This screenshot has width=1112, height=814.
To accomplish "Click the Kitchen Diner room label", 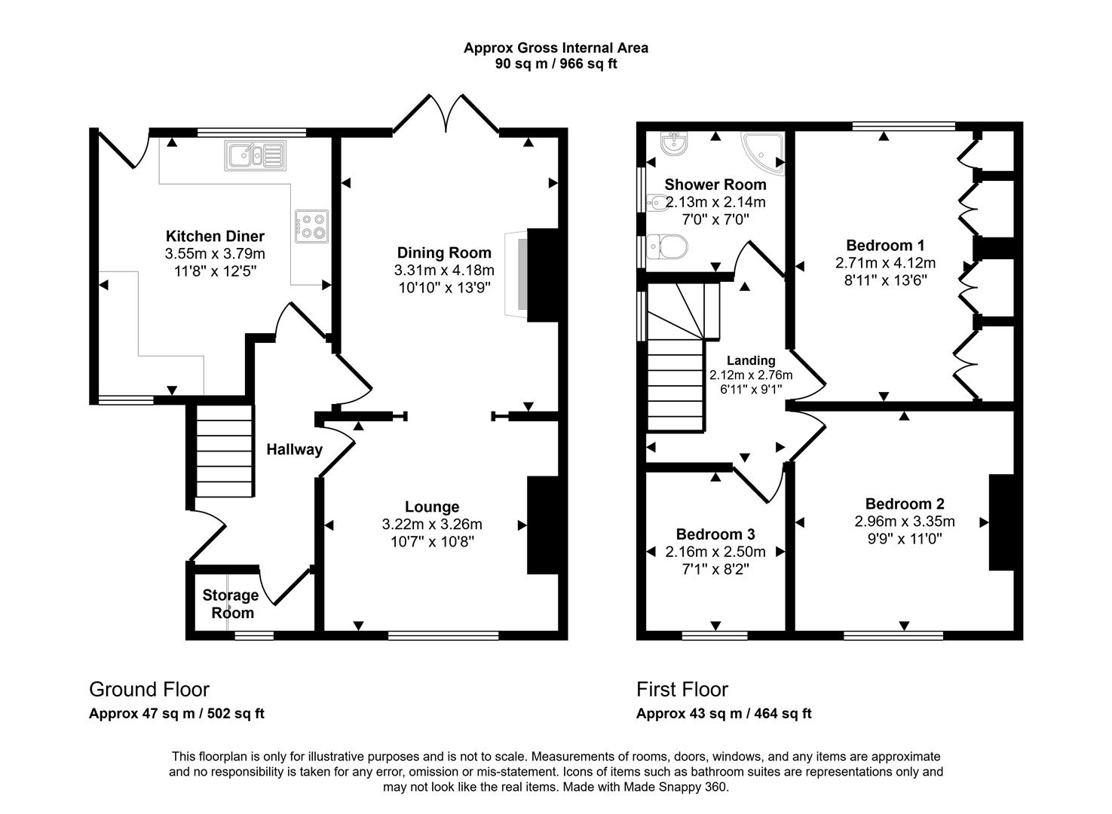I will (215, 236).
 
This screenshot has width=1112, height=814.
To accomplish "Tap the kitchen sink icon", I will (254, 155).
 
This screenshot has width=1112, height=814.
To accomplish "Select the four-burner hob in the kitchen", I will (312, 226).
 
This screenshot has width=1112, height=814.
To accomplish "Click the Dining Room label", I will (444, 252).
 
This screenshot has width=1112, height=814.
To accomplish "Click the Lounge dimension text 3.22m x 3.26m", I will (432, 525).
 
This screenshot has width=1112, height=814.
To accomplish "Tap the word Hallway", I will (294, 450).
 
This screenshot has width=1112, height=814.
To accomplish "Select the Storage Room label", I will (231, 604).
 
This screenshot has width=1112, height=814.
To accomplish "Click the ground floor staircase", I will (224, 451).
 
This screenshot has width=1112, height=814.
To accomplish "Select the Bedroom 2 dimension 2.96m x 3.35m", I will (905, 522).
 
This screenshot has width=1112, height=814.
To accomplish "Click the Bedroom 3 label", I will (715, 534).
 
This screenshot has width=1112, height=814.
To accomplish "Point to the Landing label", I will (750, 360).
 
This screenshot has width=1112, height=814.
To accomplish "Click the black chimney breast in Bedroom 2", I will (1001, 522).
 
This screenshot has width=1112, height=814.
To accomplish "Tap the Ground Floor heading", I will (149, 690).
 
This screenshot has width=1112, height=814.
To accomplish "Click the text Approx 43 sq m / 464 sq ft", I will (724, 714).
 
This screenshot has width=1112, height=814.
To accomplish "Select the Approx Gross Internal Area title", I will (556, 48).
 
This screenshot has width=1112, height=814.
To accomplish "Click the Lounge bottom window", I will (443, 635).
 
